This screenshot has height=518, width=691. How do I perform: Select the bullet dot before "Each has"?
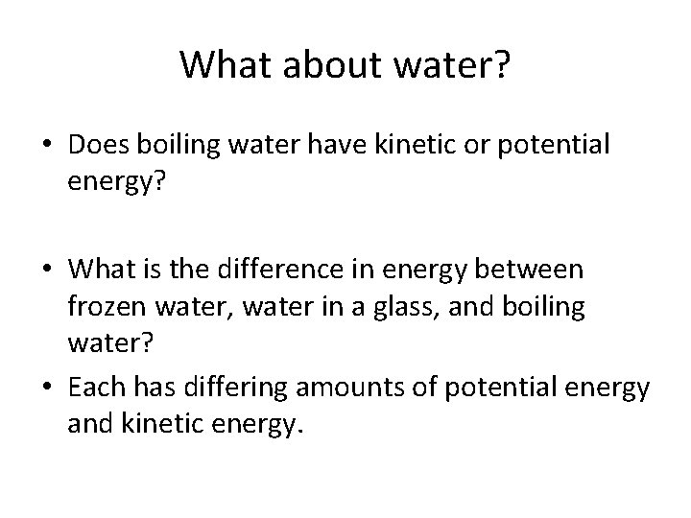(x=46, y=389)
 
